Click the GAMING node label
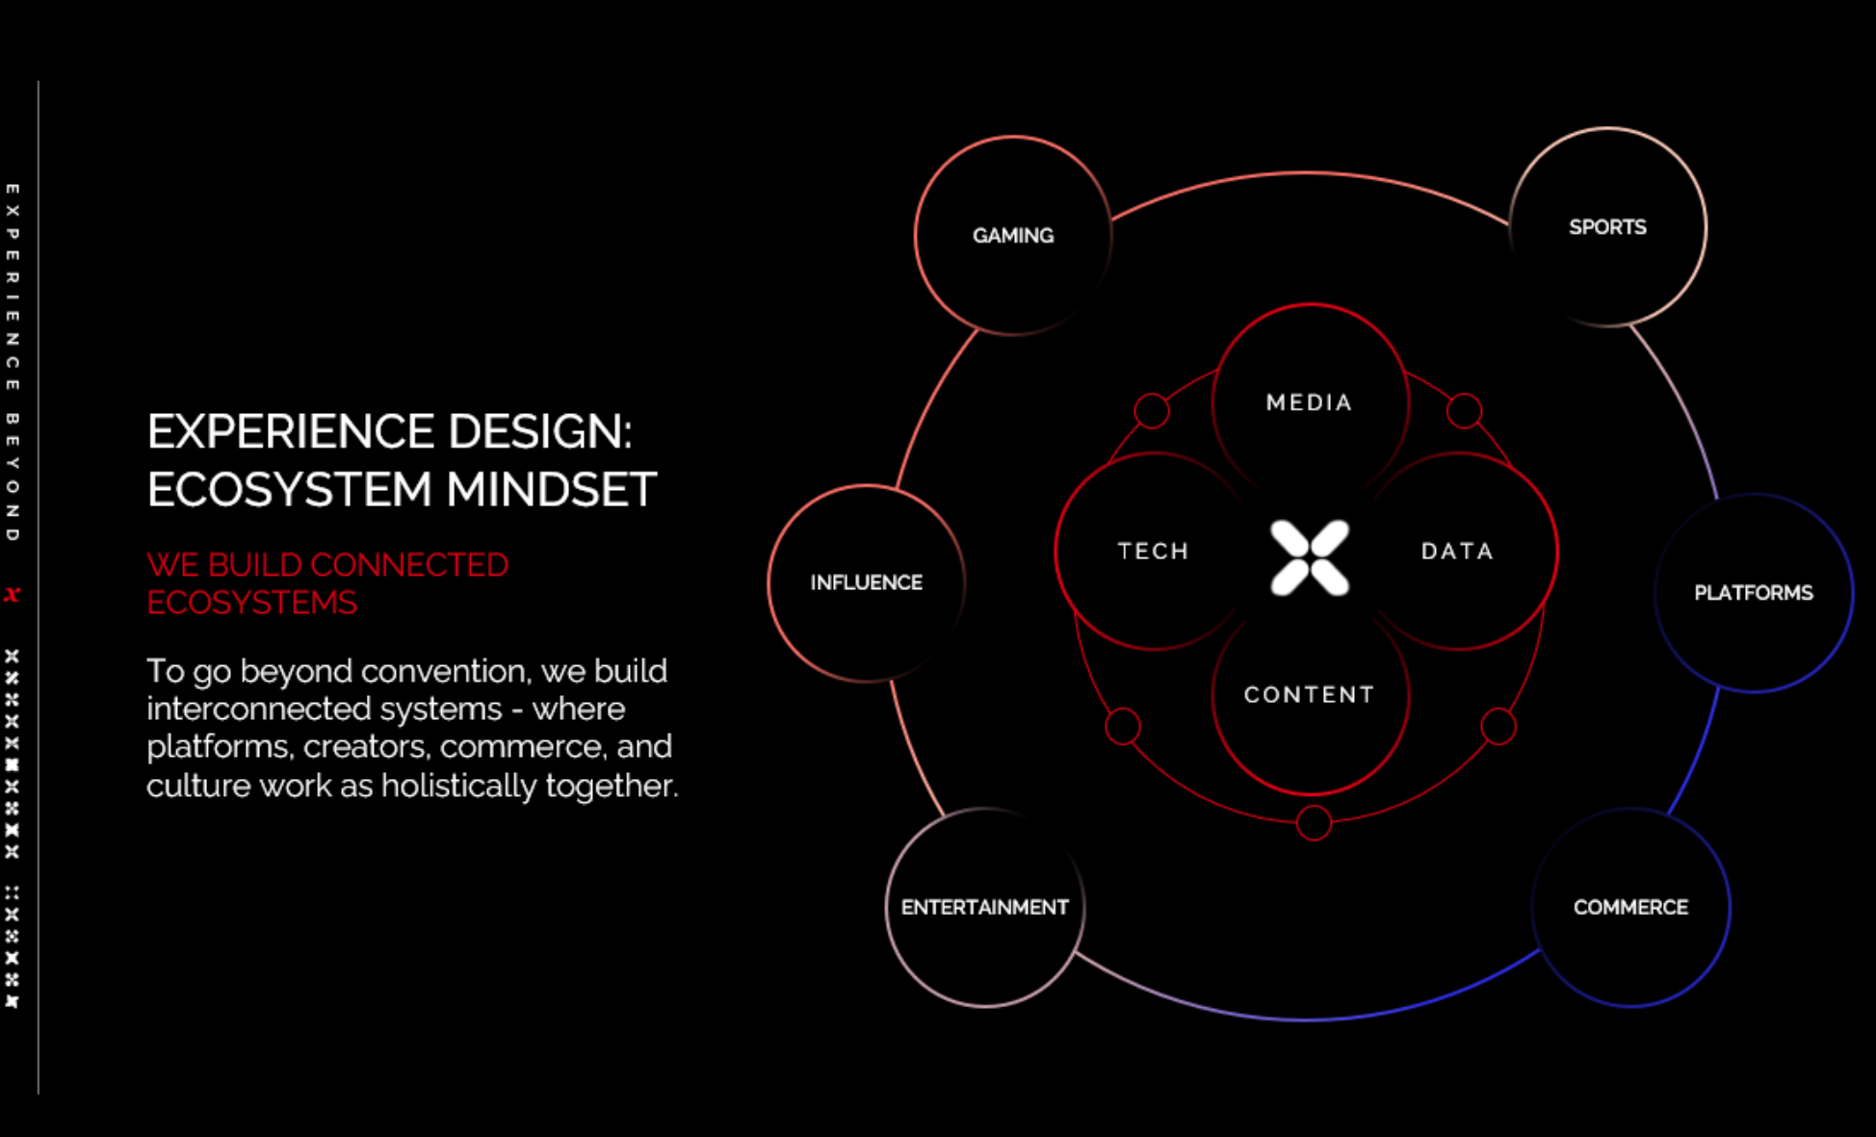(x=1013, y=236)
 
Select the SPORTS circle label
(x=1607, y=227)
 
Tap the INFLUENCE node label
(x=867, y=582)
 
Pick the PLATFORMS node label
(x=1754, y=593)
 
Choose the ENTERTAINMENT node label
(x=985, y=907)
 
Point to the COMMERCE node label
(x=1630, y=907)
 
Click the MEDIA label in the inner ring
(x=1310, y=402)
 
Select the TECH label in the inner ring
(x=1154, y=551)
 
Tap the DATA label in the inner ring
(x=1458, y=551)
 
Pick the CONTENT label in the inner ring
(x=1310, y=694)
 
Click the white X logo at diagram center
(x=1310, y=558)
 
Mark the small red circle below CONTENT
(x=1314, y=823)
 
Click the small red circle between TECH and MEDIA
(x=1152, y=411)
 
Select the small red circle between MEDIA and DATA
(x=1464, y=411)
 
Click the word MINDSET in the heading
(x=551, y=489)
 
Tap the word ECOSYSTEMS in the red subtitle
(x=252, y=603)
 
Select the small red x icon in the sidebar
(x=12, y=595)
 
